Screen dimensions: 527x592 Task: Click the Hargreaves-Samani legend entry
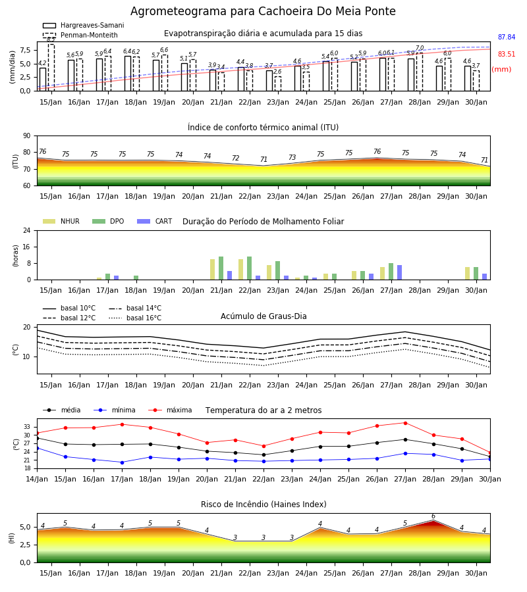84,25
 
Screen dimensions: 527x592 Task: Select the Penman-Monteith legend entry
80,35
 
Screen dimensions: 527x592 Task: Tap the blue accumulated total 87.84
507,37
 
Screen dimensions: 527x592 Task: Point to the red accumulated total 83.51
507,54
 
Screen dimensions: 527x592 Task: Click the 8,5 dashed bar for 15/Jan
51,68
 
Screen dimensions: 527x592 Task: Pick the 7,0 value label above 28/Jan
420,48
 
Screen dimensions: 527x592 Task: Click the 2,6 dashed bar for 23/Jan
278,84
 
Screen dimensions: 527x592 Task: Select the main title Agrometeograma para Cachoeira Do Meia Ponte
263,11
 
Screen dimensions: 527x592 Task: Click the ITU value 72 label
236,158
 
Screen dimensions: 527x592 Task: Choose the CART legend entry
155,221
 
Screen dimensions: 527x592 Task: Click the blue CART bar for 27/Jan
400,272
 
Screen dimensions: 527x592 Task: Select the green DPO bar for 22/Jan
250,268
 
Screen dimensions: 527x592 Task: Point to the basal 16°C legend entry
135,318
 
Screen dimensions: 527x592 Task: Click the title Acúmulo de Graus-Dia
263,316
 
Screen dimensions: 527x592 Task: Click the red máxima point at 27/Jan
405,423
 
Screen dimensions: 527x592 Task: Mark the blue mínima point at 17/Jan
122,462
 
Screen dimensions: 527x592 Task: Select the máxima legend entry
170,410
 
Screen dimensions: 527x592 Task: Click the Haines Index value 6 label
433,516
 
